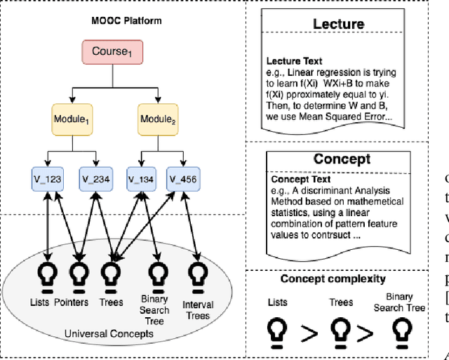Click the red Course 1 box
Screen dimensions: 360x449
pos(116,52)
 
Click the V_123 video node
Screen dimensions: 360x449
pos(48,178)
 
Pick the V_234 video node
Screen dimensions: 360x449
pos(95,178)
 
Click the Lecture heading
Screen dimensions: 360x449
pos(338,24)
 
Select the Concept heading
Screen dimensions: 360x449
pos(342,159)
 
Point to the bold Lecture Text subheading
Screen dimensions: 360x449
pos(294,61)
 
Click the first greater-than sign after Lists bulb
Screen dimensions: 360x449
pos(308,335)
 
